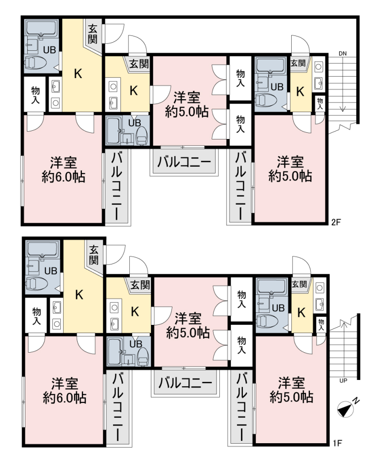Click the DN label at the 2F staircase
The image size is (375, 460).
[342, 54]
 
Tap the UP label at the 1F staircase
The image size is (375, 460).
[343, 381]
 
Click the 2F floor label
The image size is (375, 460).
[336, 222]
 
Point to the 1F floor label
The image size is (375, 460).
[338, 443]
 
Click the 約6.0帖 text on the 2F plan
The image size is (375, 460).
[63, 177]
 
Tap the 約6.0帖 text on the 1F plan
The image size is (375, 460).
[65, 398]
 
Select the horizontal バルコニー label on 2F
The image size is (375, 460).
[184, 161]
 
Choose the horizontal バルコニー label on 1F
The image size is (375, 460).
[185, 382]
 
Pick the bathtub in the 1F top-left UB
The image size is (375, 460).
[43, 249]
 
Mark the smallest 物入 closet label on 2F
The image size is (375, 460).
[320, 103]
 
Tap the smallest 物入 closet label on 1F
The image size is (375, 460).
[321, 325]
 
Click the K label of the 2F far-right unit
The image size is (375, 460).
[300, 92]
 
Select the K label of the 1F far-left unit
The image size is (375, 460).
[79, 295]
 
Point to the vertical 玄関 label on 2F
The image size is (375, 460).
[92, 34]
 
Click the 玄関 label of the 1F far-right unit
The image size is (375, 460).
[299, 284]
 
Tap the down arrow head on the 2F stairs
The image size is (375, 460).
[342, 110]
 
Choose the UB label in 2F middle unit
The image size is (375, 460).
[135, 123]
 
